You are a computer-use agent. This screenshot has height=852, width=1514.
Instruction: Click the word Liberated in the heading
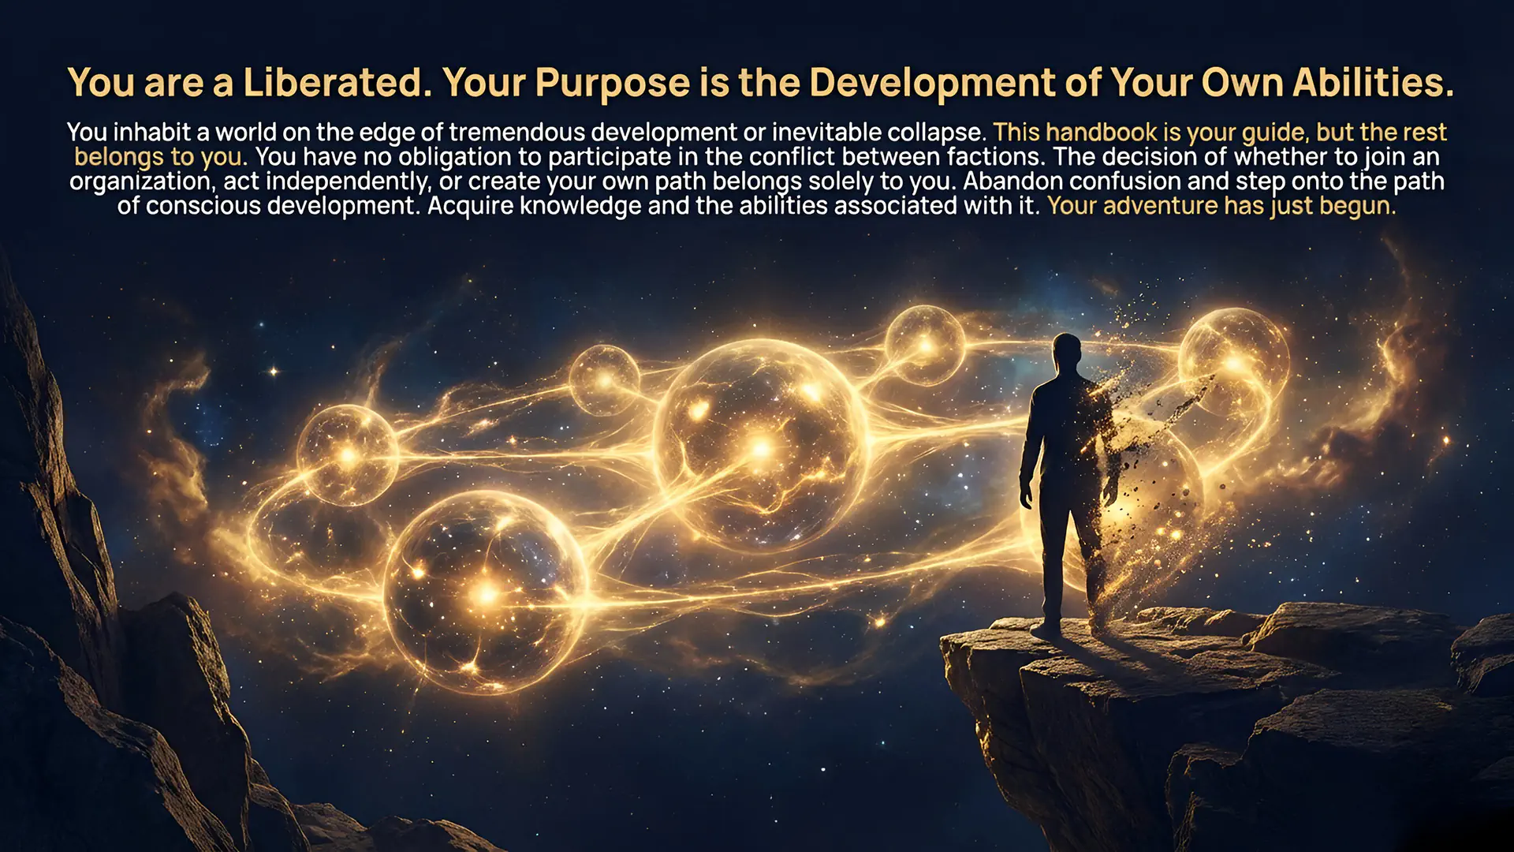click(x=337, y=82)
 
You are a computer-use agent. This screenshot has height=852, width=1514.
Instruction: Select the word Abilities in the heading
click(x=1373, y=82)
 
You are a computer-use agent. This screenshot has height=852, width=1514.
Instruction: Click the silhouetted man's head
click(x=1066, y=353)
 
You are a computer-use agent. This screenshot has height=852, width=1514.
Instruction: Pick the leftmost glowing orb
click(x=348, y=455)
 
